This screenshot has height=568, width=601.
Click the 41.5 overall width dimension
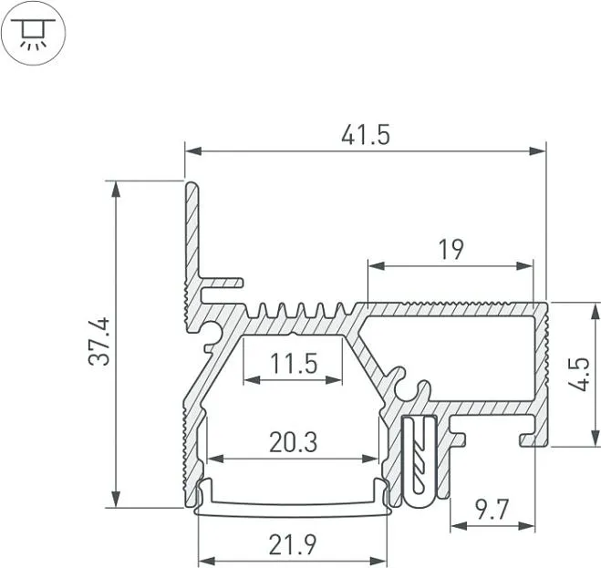pos(366,135)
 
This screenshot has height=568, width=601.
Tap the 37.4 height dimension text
pos(99,342)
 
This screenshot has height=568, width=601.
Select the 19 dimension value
pos(451,250)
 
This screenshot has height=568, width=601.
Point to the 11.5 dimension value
pos(294,364)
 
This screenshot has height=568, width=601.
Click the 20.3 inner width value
pos(294,442)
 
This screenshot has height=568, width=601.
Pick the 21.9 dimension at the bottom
pos(293,545)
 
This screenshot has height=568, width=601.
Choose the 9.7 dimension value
pos(492,510)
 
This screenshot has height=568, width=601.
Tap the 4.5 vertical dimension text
pos(579,374)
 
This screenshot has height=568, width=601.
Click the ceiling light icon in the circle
pos(34,34)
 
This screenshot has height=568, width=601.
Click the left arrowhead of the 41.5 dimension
pos(193,151)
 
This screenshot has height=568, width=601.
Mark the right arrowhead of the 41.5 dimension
pos(537,151)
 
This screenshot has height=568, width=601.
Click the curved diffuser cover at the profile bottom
pos(292,498)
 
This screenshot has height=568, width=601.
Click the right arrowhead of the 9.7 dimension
pos(526,526)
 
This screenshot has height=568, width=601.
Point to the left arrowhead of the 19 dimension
pos(377,265)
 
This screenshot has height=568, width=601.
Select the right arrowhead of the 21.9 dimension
pos(378,561)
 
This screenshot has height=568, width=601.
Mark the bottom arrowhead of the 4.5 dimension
pos(596,438)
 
